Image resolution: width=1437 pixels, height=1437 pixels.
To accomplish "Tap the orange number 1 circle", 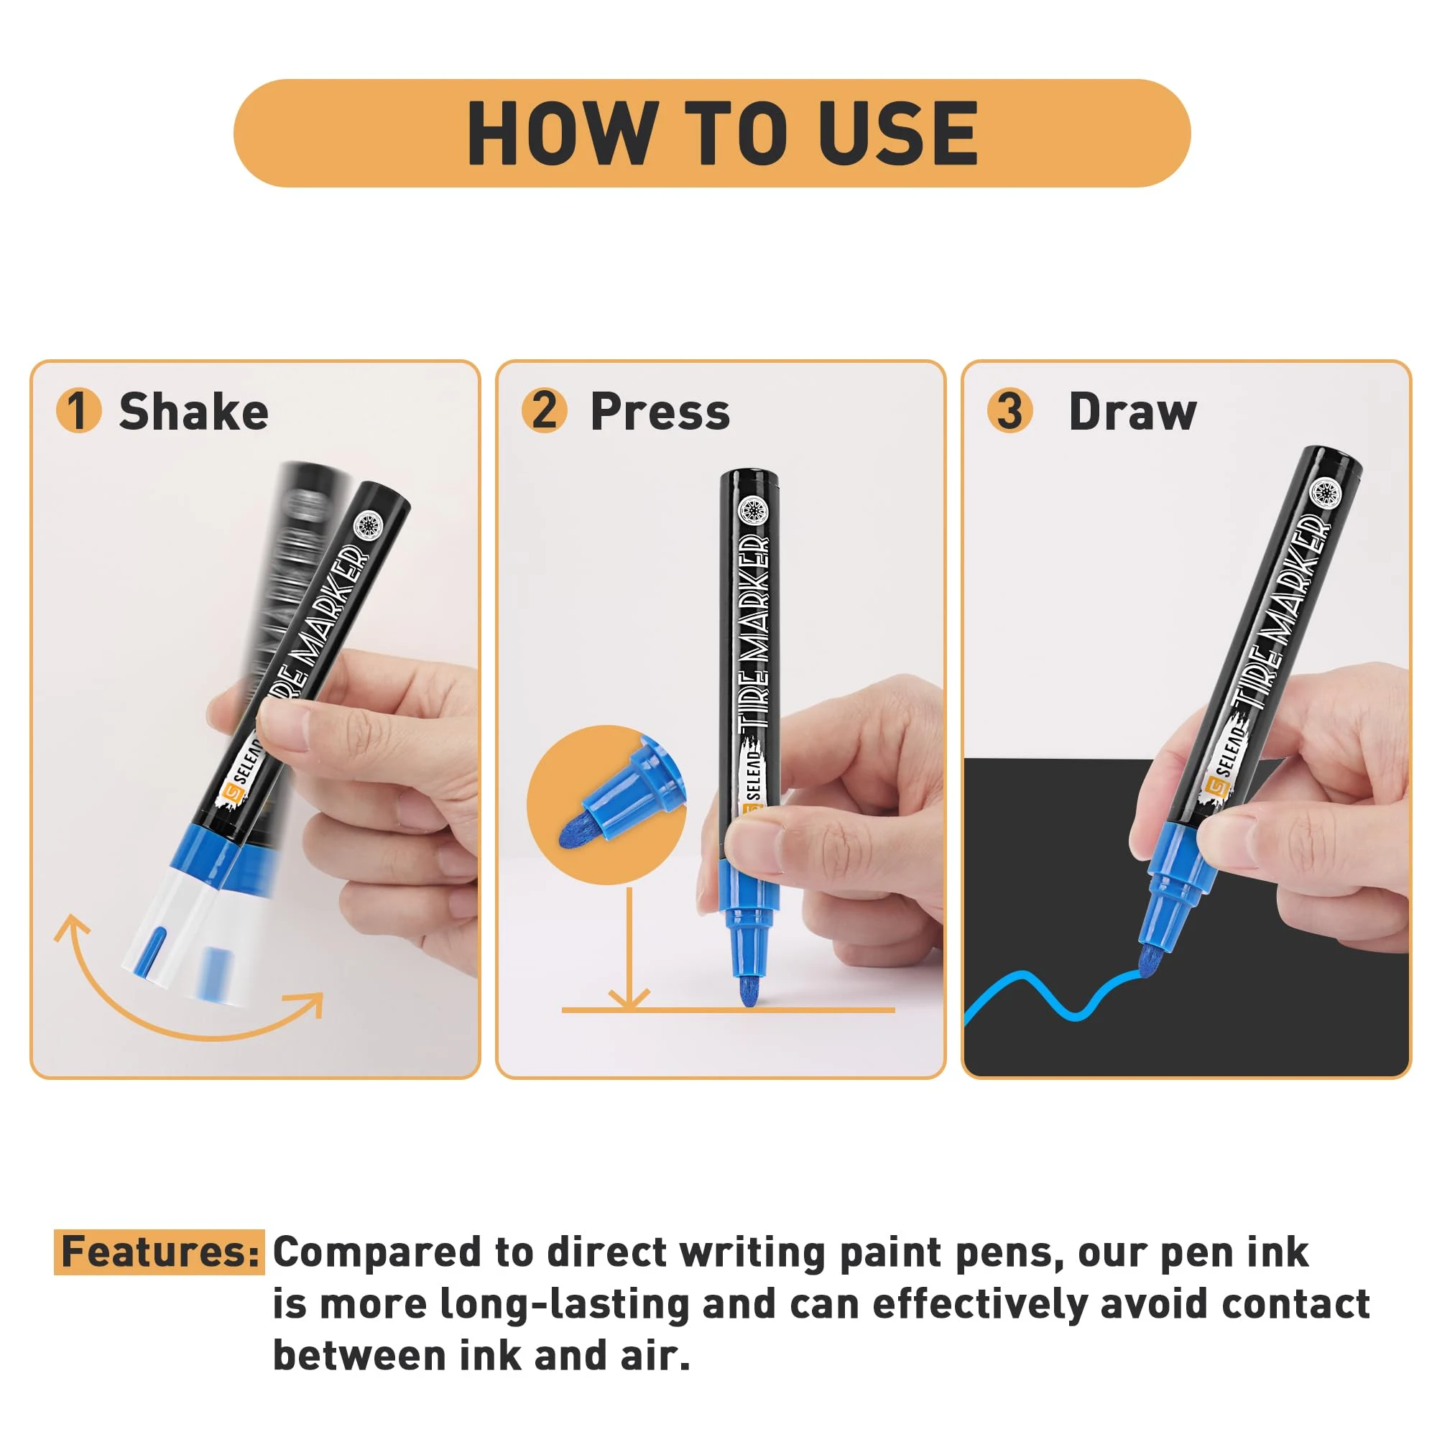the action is [x=79, y=410].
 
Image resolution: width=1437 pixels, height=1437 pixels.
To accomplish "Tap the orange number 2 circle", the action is [x=545, y=410].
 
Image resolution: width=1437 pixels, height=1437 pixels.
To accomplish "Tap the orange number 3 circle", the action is [x=1009, y=410].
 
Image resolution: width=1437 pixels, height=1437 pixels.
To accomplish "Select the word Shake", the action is [x=193, y=411].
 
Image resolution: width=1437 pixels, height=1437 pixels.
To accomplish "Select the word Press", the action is [x=660, y=411].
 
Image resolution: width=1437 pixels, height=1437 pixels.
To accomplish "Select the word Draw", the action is [x=1132, y=411].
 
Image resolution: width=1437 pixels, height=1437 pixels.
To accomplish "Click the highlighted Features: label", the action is [x=160, y=1252].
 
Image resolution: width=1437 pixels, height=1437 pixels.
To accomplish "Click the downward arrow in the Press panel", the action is [x=629, y=948].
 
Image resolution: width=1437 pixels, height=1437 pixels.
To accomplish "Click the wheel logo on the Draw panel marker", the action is [x=1324, y=494].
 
